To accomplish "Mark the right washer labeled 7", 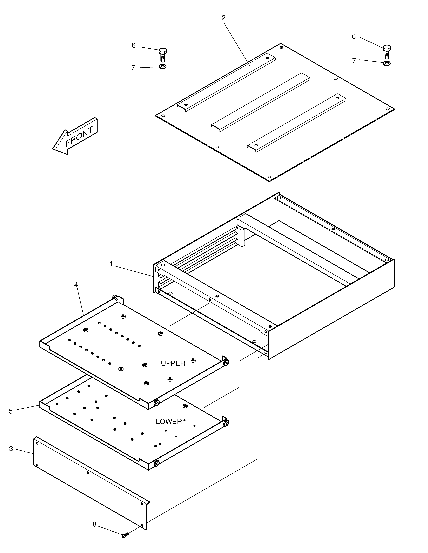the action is coord(387,63).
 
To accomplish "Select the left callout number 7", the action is coord(133,68).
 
